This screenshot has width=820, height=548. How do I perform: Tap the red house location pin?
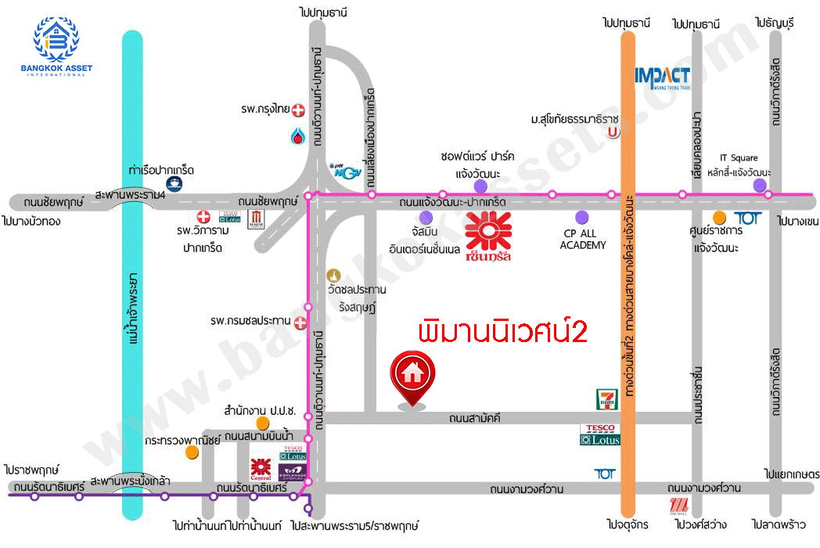[x=413, y=377]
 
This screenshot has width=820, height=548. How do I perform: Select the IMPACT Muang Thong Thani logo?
[x=662, y=78]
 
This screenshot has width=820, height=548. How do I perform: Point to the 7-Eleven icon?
[x=603, y=398]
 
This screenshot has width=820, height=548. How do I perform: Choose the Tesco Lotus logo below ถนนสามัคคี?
[x=600, y=434]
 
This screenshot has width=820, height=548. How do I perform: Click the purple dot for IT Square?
[x=759, y=185]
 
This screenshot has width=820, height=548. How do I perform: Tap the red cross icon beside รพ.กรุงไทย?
[x=297, y=110]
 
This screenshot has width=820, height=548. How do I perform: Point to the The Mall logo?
[x=678, y=507]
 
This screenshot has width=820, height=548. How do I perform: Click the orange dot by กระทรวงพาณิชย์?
[x=192, y=452]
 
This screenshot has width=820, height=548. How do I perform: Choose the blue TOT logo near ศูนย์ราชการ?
[x=747, y=218]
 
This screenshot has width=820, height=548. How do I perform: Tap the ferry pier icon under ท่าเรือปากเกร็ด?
[x=174, y=184]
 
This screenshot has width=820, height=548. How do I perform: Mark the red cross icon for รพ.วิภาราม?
[x=204, y=216]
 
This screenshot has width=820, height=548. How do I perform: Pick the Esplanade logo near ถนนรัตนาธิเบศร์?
[x=290, y=472]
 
